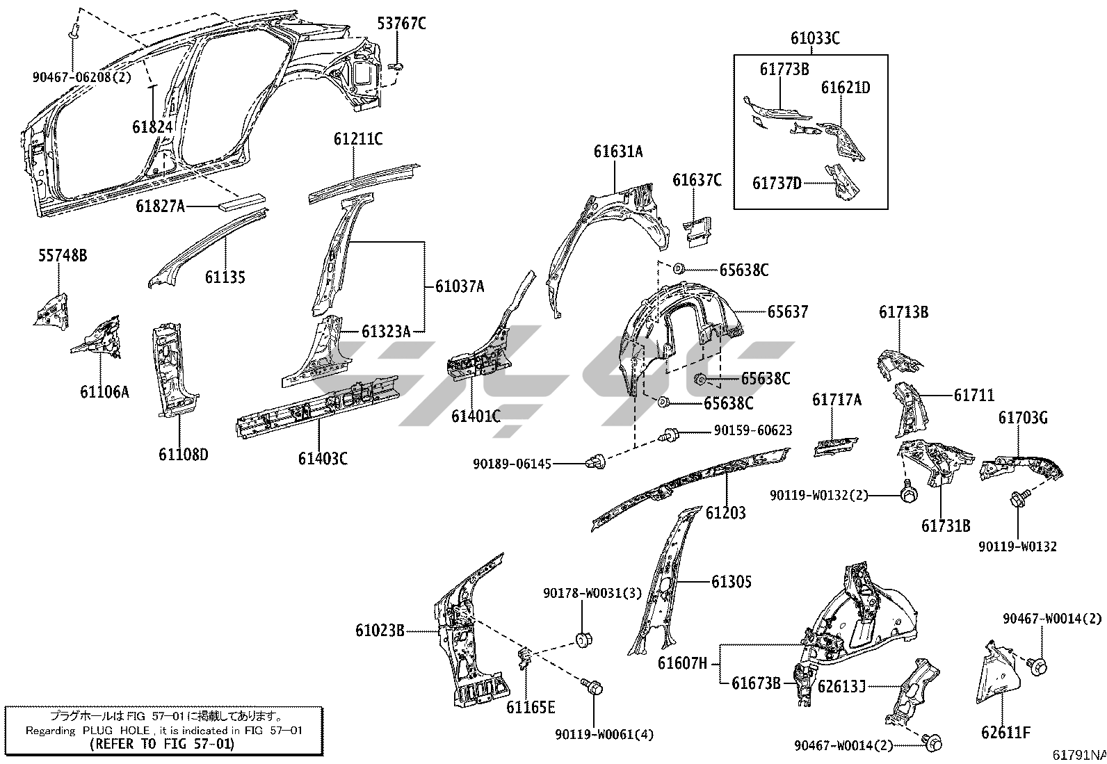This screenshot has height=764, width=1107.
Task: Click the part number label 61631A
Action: pos(617,152)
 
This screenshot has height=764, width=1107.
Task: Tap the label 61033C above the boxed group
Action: pos(814,38)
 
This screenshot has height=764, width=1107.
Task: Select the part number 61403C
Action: pos(323,458)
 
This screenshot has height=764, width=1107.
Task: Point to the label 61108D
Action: pos(183,455)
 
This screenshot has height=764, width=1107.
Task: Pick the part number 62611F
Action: pos(1005,732)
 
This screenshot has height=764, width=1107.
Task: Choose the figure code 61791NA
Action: pos(1078,754)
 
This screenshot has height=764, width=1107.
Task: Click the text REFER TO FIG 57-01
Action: pos(162,744)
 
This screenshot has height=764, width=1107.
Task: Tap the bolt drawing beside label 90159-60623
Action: pos(671,435)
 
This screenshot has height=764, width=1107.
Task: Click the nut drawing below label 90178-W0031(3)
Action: pos(582,639)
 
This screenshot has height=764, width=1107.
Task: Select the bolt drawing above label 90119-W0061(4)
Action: pos(594,687)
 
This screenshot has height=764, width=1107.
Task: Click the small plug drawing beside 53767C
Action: pos(398,66)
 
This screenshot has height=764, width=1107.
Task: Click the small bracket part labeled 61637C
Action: pos(697,230)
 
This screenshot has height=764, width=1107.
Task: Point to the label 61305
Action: pos(731,582)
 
